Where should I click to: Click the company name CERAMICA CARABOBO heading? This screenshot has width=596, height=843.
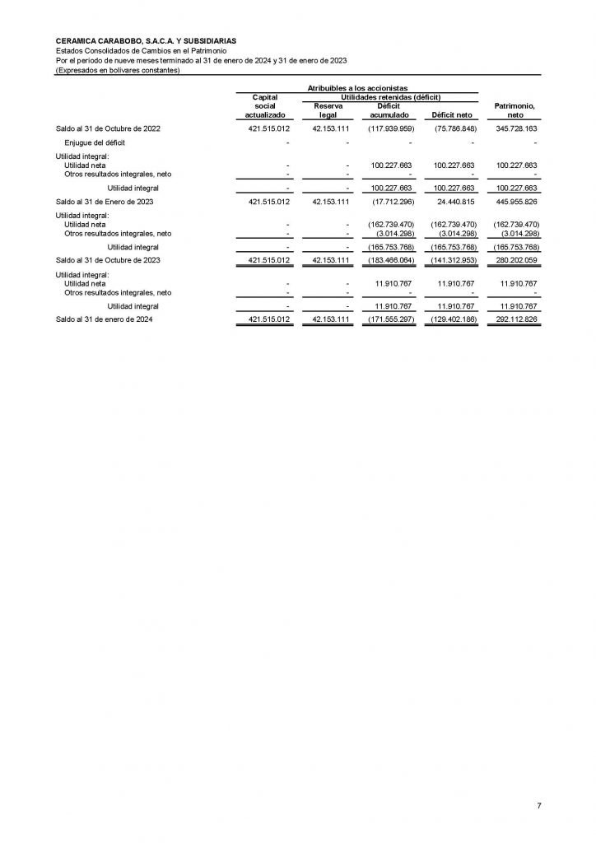click(x=146, y=40)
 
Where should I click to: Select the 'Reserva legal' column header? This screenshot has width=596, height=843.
click(x=328, y=110)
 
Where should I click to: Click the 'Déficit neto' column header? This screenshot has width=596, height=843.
click(x=446, y=115)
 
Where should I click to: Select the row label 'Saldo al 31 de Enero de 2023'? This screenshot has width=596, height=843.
click(x=103, y=201)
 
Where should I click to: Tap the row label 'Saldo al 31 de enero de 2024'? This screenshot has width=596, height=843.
click(x=103, y=319)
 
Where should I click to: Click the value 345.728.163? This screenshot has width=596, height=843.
click(x=514, y=130)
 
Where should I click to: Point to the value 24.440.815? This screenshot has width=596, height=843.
click(x=454, y=201)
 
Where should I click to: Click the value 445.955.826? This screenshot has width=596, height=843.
click(x=514, y=201)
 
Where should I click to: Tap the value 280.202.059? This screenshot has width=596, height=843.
click(x=514, y=260)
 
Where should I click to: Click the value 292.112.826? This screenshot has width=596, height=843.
click(x=514, y=319)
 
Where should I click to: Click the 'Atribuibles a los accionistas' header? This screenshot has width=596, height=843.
click(x=363, y=87)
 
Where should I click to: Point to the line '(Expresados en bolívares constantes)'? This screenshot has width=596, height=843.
click(x=117, y=69)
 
